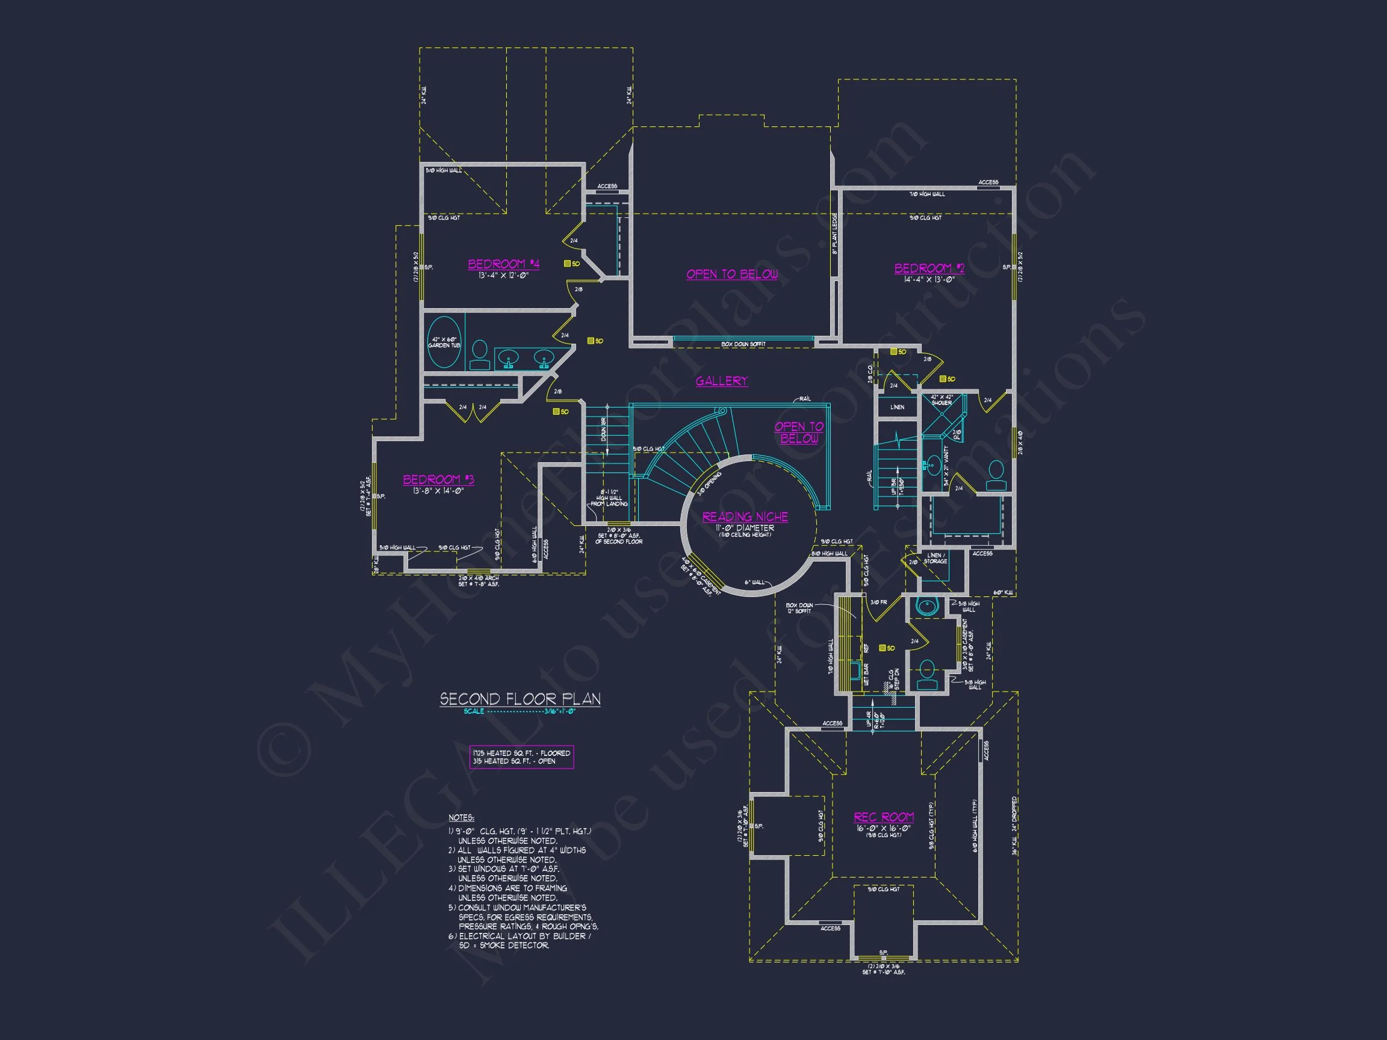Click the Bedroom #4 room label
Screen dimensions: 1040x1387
coord(503,264)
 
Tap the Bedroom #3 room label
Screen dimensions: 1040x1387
coord(438,480)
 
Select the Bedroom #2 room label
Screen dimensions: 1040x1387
coord(929,268)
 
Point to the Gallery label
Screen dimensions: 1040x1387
coord(722,380)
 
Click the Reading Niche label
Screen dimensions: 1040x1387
coord(745,516)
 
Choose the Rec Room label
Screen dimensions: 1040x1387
coord(884,817)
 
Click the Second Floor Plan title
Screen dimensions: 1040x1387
coord(520,699)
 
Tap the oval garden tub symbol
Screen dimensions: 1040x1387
coord(444,342)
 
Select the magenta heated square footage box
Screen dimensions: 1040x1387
coord(521,757)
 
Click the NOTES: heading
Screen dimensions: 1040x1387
coord(462,818)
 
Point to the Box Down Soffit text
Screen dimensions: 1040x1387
coord(743,344)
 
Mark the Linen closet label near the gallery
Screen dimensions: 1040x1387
coord(898,407)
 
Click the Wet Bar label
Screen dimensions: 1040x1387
coord(866,674)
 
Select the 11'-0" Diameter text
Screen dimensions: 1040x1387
coord(745,528)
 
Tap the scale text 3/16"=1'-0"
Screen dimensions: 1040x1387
coord(559,711)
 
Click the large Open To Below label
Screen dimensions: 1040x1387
coord(732,274)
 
